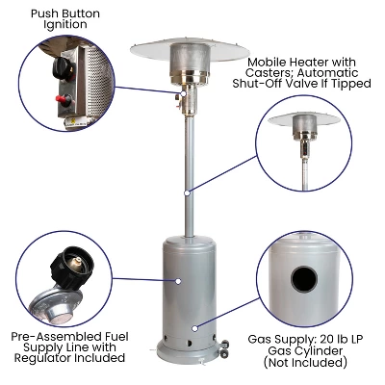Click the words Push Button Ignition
coord(64,20)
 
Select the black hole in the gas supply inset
coord(305,279)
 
